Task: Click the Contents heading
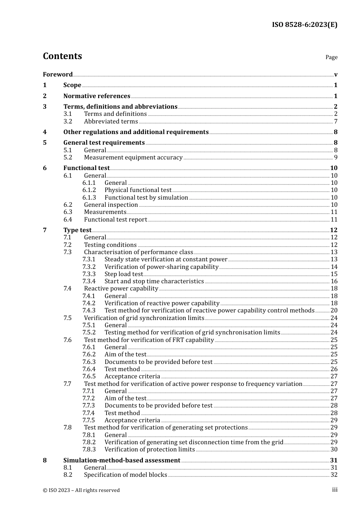(62, 56)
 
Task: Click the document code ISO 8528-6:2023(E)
(304, 25)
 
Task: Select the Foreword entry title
(58, 74)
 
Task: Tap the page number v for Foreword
(336, 74)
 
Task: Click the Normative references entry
(97, 96)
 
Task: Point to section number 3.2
(68, 121)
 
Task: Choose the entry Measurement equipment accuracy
(133, 157)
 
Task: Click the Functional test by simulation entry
(146, 197)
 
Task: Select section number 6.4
(68, 219)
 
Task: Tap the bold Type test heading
(77, 230)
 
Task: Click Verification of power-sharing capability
(161, 267)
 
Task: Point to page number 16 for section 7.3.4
(334, 281)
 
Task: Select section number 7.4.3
(89, 310)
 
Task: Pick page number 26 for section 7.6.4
(334, 369)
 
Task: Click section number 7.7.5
(89, 420)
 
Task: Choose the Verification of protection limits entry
(150, 449)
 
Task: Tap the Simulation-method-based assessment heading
(122, 460)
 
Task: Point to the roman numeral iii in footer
(335, 490)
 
